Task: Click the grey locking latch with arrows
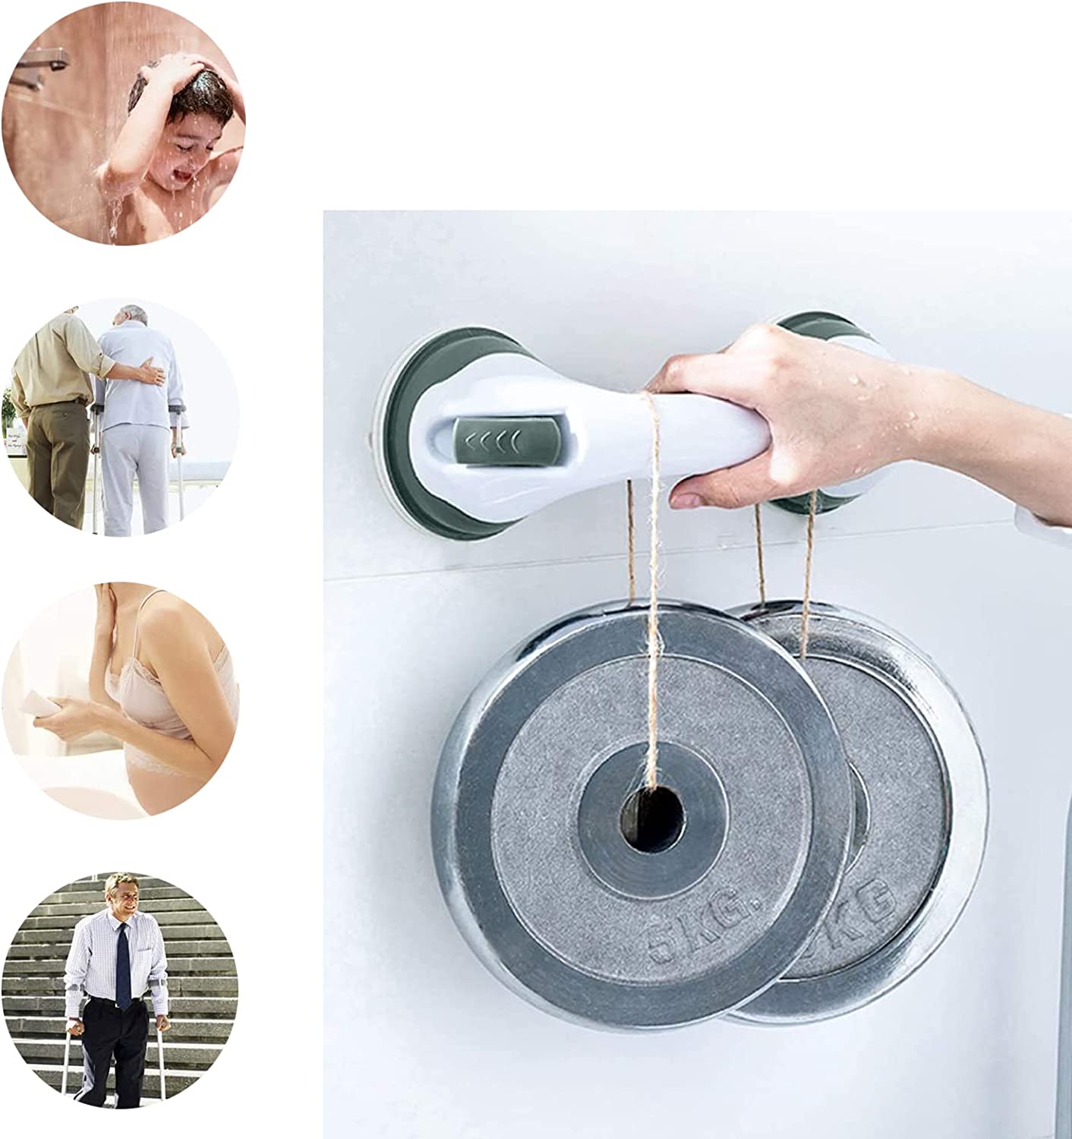tap(490, 439)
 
